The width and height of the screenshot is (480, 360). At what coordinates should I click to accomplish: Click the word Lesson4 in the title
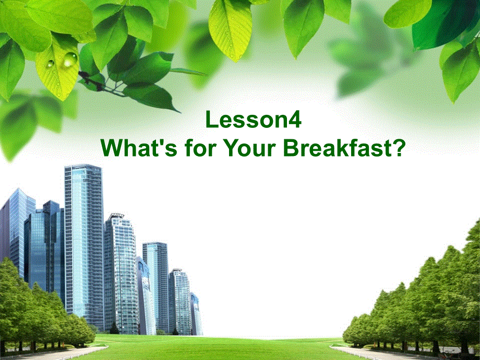click(254, 121)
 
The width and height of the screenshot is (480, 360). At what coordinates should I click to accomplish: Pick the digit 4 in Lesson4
click(295, 121)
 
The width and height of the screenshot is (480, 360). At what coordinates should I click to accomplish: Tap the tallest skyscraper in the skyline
click(83, 245)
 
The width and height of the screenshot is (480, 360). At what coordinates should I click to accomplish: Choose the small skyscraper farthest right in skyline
click(195, 313)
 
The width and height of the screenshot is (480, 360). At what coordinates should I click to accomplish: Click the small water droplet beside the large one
click(51, 64)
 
